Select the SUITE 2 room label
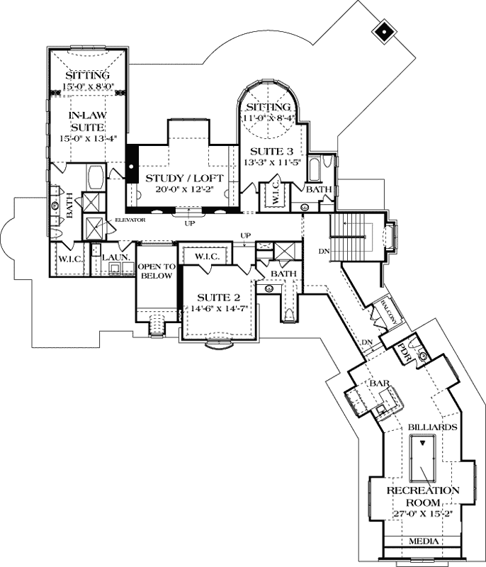click(215, 297)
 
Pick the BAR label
click(380, 383)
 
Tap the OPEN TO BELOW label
click(155, 271)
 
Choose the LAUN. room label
click(113, 259)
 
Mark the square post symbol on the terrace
click(383, 30)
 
